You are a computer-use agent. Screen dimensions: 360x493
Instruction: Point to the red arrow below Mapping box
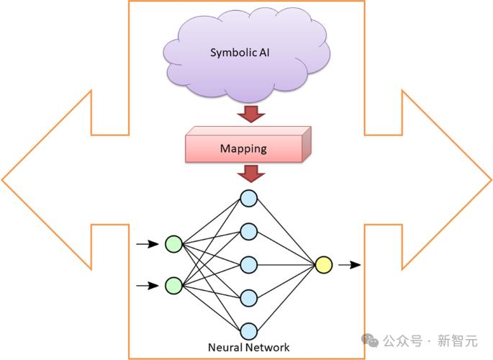250,173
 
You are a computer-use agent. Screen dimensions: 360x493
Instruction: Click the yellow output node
324,265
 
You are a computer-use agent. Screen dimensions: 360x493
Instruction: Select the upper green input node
173,245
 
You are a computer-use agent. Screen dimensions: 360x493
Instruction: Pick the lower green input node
173,285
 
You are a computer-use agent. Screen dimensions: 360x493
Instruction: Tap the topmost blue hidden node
248,197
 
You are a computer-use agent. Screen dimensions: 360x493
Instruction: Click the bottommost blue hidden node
248,330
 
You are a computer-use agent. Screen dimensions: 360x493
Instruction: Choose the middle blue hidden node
248,264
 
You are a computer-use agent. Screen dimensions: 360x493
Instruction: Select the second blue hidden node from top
248,231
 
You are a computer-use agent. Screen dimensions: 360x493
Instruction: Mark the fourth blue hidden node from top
248,297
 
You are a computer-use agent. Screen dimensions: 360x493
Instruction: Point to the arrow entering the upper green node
148,245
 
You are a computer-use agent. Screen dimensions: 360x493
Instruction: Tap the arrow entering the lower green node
148,285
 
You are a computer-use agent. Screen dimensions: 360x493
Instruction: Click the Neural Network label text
248,347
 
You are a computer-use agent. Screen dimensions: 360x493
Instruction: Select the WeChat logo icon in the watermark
370,339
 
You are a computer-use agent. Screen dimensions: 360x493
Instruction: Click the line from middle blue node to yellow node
286,264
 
